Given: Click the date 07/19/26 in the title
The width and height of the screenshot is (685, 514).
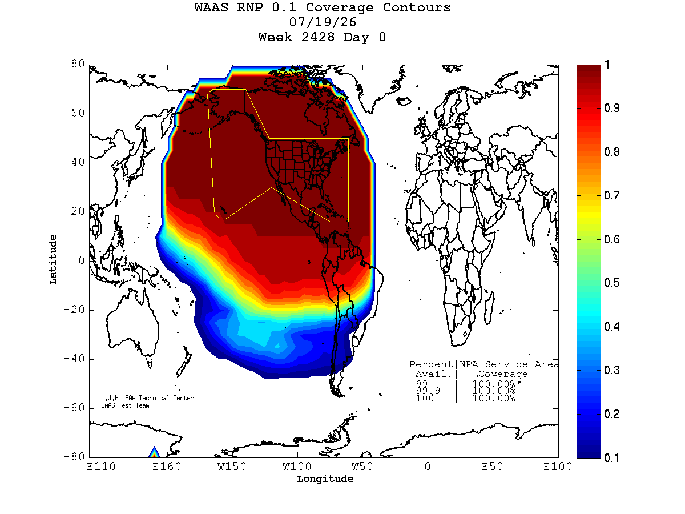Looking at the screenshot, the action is [323, 22].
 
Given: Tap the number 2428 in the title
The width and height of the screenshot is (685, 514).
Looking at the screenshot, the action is [318, 37].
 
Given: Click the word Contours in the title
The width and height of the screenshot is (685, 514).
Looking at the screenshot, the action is [416, 7].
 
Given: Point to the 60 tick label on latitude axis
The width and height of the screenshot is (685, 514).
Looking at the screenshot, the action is [78, 113].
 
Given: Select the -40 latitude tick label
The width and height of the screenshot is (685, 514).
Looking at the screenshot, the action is [74, 358].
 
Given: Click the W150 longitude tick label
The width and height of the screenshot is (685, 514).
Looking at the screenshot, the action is [232, 466].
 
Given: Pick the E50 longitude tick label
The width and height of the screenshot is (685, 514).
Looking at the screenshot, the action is [492, 466].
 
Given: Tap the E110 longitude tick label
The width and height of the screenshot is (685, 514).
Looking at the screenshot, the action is [101, 466].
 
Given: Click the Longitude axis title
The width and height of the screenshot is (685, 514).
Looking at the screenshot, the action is [325, 479].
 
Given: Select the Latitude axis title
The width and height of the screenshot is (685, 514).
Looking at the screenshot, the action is [53, 260].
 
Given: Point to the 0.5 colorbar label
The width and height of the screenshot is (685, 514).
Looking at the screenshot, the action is [611, 283].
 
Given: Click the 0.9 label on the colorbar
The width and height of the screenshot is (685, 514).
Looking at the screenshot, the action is [611, 108].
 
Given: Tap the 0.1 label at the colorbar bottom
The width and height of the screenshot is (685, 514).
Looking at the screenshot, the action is [611, 458].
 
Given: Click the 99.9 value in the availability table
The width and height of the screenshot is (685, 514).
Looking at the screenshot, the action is [428, 391].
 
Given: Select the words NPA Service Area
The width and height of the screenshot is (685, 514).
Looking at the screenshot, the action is [509, 364].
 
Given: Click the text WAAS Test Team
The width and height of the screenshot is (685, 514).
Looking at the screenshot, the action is [125, 405].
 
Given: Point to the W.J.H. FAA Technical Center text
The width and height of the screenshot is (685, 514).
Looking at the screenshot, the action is [147, 398].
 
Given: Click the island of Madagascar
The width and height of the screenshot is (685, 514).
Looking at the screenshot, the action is [489, 308].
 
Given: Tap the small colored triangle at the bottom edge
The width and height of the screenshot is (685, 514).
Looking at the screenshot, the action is [154, 452].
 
